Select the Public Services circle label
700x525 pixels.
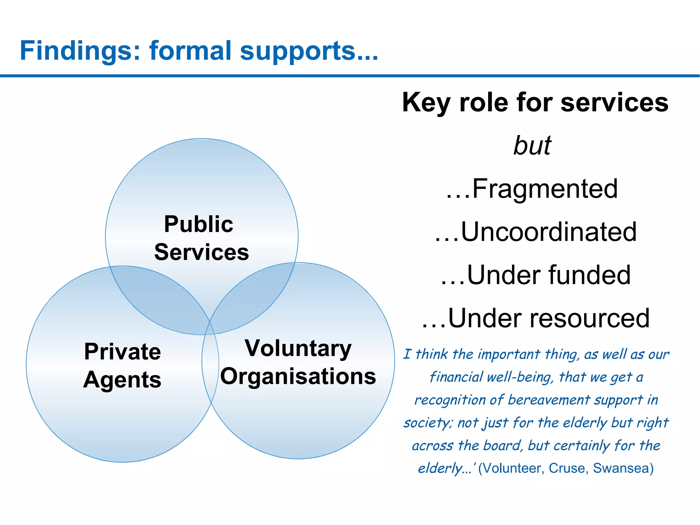point(201,238)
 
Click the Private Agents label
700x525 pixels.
point(122,365)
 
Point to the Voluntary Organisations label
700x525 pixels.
point(298,362)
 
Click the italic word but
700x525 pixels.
point(532,146)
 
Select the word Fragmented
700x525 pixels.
point(545,189)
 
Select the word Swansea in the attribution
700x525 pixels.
point(623,468)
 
